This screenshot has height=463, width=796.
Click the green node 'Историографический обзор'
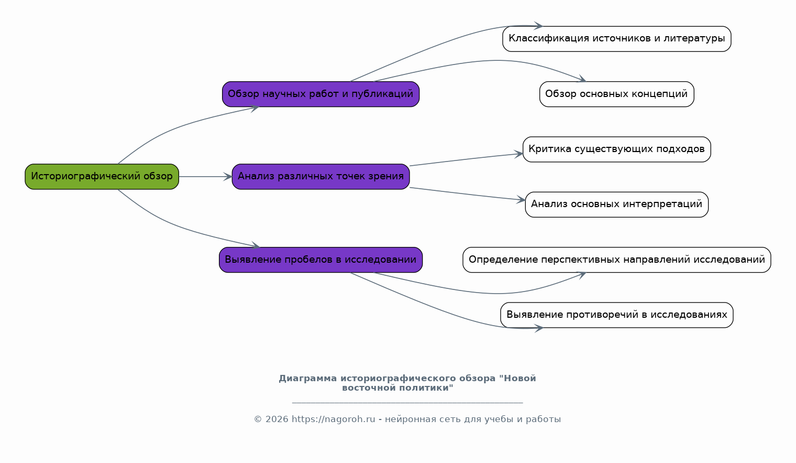pyautogui.click(x=102, y=177)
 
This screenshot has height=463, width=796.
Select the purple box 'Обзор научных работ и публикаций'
pyautogui.click(x=320, y=94)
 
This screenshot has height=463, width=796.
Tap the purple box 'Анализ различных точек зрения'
pyautogui.click(x=320, y=177)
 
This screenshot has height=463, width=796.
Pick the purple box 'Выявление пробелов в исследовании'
pyautogui.click(x=320, y=260)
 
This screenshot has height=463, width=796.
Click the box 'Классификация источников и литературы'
pyautogui.click(x=616, y=39)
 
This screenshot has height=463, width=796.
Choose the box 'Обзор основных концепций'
pyautogui.click(x=616, y=94)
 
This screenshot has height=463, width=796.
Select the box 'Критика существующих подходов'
pyautogui.click(x=616, y=149)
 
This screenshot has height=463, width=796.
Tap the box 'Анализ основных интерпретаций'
pyautogui.click(x=616, y=204)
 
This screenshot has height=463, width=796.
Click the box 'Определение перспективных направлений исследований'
pyautogui.click(x=616, y=260)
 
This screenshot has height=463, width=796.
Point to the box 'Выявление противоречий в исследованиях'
pyautogui.click(x=616, y=315)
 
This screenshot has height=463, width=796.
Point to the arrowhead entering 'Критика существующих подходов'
pyautogui.click(x=518, y=154)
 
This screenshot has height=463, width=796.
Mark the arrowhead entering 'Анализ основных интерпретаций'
pyautogui.click(x=521, y=200)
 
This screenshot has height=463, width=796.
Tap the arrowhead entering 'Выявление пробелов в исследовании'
pyautogui.click(x=256, y=245)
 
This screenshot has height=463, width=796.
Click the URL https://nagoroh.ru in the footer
pyautogui.click(x=333, y=419)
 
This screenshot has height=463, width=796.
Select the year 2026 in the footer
pyautogui.click(x=277, y=419)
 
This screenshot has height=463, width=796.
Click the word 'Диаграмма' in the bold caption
pyautogui.click(x=308, y=378)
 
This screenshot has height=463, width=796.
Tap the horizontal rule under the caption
pyautogui.click(x=407, y=403)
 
